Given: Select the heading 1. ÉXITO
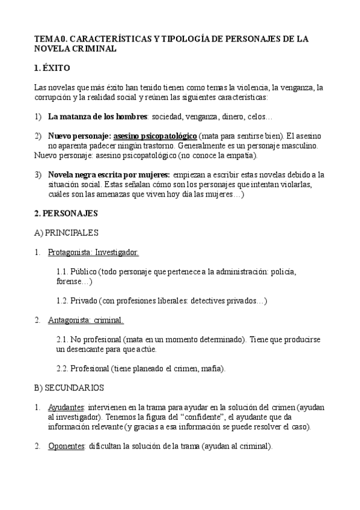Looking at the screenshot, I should pyautogui.click(x=52, y=68).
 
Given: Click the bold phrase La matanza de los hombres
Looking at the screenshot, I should pyautogui.click(x=97, y=116).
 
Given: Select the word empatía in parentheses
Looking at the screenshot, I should pyautogui.click(x=237, y=155).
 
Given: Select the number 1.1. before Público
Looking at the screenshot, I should pyautogui.click(x=64, y=271).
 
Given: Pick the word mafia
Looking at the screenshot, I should pyautogui.click(x=212, y=369).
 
